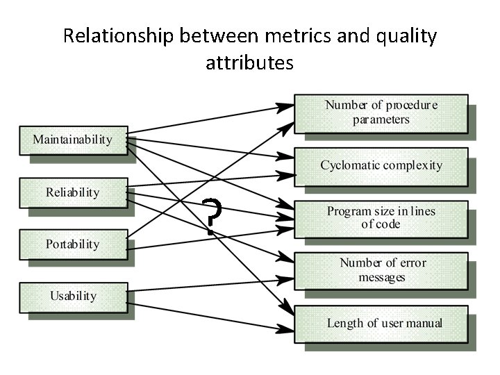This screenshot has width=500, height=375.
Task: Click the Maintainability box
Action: pyautogui.click(x=72, y=140)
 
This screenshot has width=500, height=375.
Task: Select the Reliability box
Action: pyautogui.click(x=72, y=192)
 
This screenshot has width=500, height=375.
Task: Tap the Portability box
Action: pyautogui.click(x=72, y=244)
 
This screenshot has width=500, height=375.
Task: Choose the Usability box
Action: pyautogui.click(x=72, y=297)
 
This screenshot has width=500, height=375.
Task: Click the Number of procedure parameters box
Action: pyautogui.click(x=381, y=112)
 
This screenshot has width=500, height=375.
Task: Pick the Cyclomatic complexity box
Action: pyautogui.click(x=381, y=165)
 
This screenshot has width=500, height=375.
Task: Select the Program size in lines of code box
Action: pyautogui.click(x=381, y=217)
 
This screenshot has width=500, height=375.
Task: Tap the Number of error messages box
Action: pyautogui.click(x=381, y=270)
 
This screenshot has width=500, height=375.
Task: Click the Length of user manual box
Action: pyautogui.click(x=381, y=323)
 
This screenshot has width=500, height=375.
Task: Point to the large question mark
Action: pyautogui.click(x=213, y=215)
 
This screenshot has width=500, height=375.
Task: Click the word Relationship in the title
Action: pyautogui.click(x=115, y=36)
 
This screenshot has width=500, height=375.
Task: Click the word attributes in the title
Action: pyautogui.click(x=249, y=62)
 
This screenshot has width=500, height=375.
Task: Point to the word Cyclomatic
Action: pyautogui.click(x=351, y=165)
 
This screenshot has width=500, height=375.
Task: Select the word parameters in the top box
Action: pyautogui.click(x=381, y=119)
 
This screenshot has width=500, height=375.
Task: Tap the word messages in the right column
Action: pyautogui.click(x=381, y=277)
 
